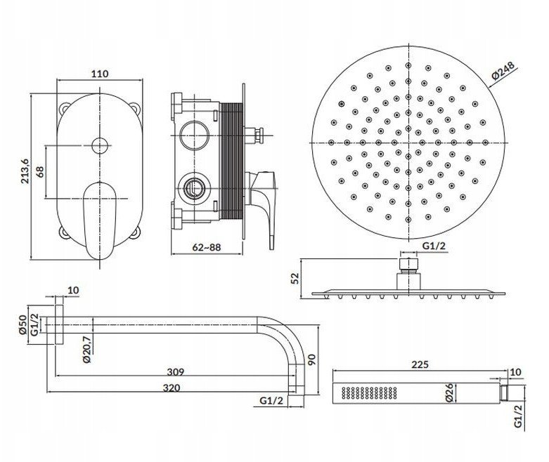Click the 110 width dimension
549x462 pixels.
coord(100,74)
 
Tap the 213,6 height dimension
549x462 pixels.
coord(25,171)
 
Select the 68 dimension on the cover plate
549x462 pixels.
coord(40,171)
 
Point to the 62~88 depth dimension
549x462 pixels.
coord(207,247)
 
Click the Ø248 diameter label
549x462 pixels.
coord(503,71)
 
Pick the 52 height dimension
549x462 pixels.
coord(296,278)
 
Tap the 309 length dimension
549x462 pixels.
coord(175,371)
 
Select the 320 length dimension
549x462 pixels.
coord(172,388)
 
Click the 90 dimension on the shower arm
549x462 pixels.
coord(311,359)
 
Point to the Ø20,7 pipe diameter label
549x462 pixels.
coord(86,349)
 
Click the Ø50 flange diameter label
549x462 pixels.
coord(22,325)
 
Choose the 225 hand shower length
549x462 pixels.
coord(420,364)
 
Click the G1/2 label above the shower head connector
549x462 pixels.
coord(434,246)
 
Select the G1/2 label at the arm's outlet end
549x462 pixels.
coord(271,401)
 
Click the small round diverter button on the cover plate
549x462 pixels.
coord(100,146)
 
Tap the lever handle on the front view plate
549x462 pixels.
coord(100,220)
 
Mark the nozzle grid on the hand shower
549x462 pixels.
coord(369,392)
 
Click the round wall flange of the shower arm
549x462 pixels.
coord(59,325)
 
